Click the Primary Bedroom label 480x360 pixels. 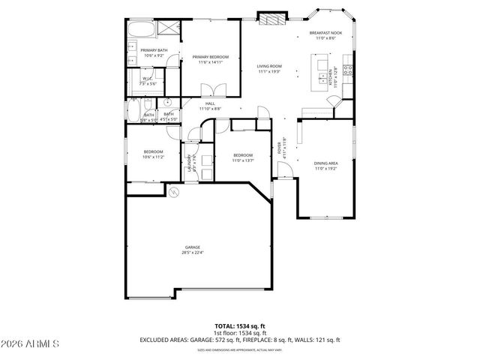[210, 57]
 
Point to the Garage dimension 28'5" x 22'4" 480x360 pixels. [193, 253]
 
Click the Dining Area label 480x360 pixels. [326, 163]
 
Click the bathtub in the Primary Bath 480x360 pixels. [139, 30]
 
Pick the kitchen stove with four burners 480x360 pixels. [348, 70]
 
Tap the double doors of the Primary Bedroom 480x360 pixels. [209, 95]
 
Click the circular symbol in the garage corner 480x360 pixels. [174, 193]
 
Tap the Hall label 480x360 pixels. [210, 103]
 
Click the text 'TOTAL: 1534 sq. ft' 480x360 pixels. [239, 325]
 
